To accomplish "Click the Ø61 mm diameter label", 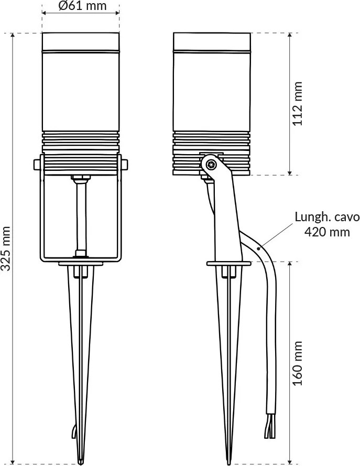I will [81, 7].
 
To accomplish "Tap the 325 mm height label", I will [7, 249].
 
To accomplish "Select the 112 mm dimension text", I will [298, 104].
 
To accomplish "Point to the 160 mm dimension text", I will [298, 364].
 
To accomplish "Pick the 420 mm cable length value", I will [327, 232].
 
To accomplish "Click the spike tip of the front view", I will [80, 460].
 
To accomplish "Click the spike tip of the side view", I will [228, 460].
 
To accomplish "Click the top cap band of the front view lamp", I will [80, 41].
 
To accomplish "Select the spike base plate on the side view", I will [228, 263].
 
